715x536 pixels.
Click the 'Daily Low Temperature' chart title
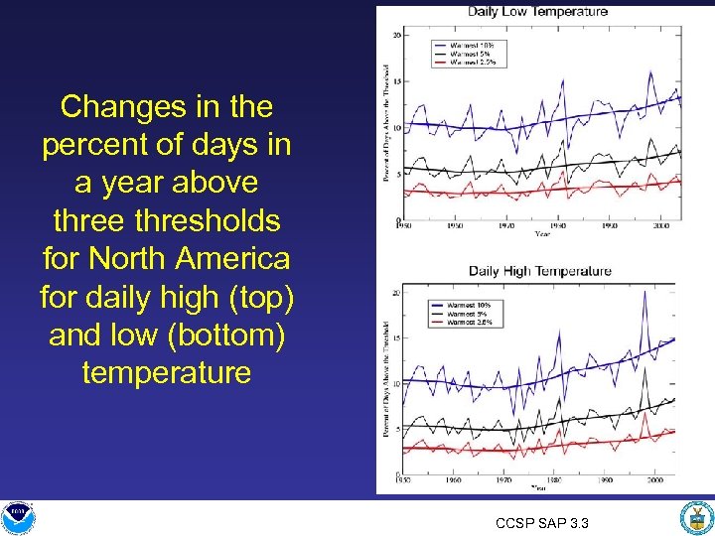(x=537, y=12)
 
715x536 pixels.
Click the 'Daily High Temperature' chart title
(x=540, y=271)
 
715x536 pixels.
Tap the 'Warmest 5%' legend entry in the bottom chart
(x=471, y=313)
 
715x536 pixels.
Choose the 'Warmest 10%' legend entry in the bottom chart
(x=471, y=304)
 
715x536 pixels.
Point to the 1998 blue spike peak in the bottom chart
(x=644, y=292)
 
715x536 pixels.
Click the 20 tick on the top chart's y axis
(x=396, y=35)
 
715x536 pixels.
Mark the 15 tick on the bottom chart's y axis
(x=395, y=337)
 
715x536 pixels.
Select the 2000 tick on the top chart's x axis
(x=653, y=226)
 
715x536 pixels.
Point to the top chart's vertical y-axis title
(x=385, y=124)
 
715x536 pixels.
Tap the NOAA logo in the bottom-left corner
(x=17, y=514)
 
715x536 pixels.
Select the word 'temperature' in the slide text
(x=166, y=373)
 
